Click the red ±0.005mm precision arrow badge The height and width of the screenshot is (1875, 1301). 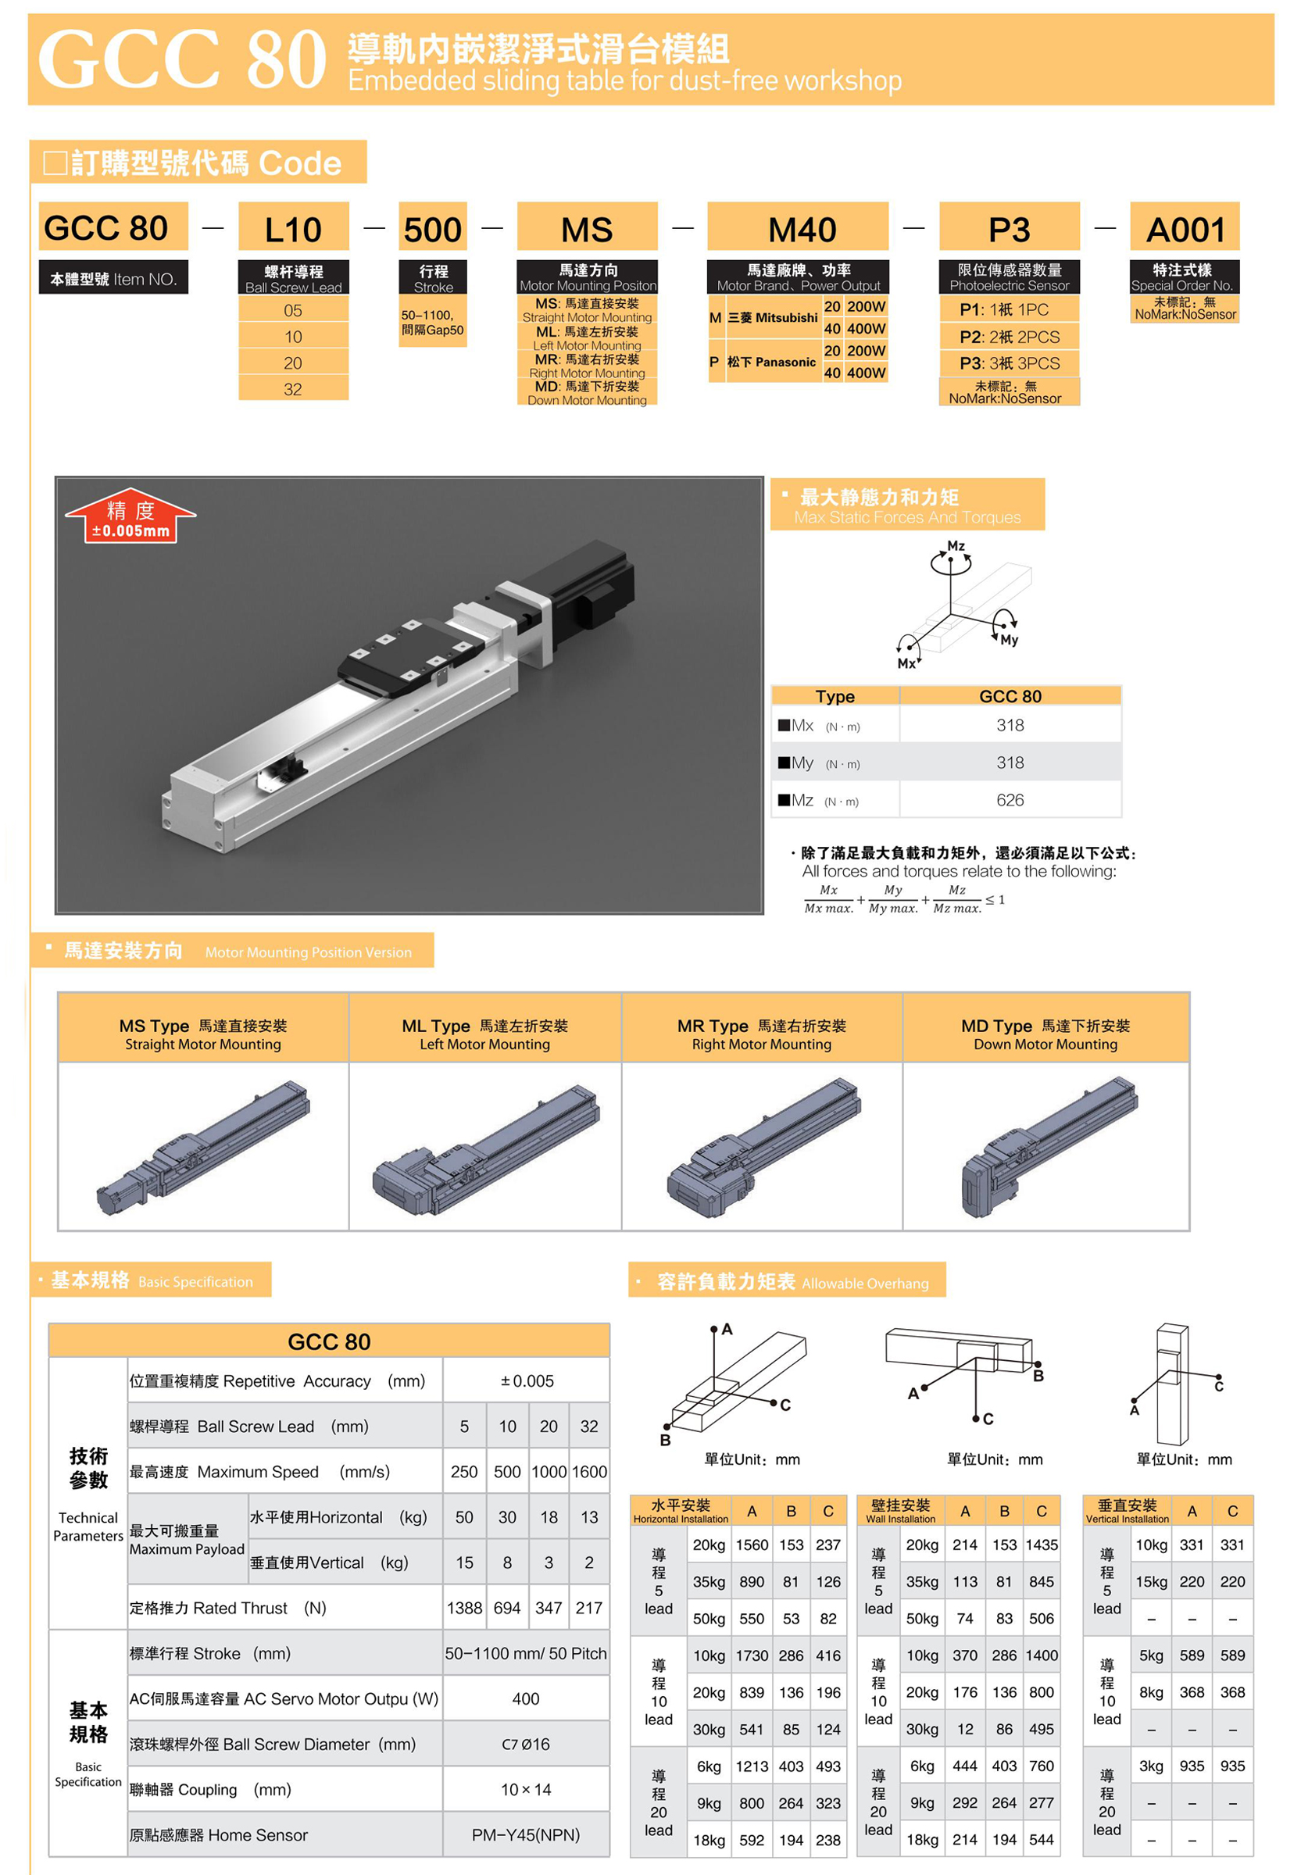(130, 516)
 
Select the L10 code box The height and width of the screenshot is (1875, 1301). (294, 227)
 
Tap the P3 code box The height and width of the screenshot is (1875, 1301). (1010, 227)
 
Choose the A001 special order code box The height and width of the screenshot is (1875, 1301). (1185, 227)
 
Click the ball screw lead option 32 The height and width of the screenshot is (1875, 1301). (294, 389)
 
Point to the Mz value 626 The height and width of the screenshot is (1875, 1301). (1010, 799)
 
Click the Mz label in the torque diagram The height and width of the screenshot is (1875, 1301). (956, 546)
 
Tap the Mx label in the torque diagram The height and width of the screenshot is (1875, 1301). (906, 663)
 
